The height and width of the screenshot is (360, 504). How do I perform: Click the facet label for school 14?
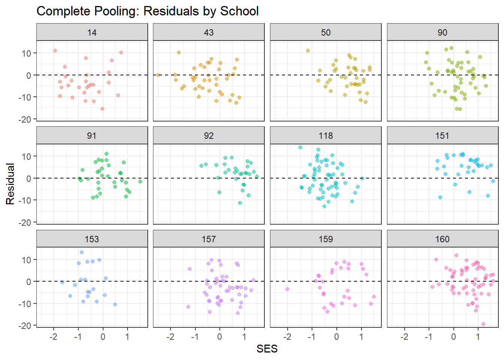pyautogui.click(x=92, y=33)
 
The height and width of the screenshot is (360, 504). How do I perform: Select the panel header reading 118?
pyautogui.click(x=325, y=136)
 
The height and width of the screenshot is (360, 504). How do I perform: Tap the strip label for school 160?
pyautogui.click(x=442, y=239)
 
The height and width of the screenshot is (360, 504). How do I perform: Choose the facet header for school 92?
pyautogui.click(x=208, y=136)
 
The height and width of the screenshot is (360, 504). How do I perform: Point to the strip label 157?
pyautogui.click(x=208, y=239)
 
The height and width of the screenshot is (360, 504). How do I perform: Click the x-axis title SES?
pyautogui.click(x=267, y=349)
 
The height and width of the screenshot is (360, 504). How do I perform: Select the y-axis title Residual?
pyautogui.click(x=10, y=184)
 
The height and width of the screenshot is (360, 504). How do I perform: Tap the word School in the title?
pyautogui.click(x=239, y=11)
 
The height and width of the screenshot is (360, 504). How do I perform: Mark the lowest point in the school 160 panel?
pyautogui.click(x=483, y=324)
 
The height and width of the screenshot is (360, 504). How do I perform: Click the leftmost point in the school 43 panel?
pyautogui.click(x=158, y=75)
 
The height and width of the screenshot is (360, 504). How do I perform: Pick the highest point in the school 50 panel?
pyautogui.click(x=308, y=51)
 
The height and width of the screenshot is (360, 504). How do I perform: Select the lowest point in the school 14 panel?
pyautogui.click(x=102, y=109)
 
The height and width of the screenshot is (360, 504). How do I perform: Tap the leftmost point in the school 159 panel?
pyautogui.click(x=287, y=289)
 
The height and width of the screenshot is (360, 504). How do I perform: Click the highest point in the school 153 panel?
pyautogui.click(x=82, y=252)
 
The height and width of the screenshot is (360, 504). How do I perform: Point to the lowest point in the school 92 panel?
pyautogui.click(x=240, y=203)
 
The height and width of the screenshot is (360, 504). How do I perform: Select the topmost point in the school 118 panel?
pyautogui.click(x=300, y=147)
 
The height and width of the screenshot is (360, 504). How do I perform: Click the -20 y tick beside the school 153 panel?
pyautogui.click(x=26, y=325)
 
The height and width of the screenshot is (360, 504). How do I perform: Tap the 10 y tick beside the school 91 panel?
pyautogui.click(x=27, y=156)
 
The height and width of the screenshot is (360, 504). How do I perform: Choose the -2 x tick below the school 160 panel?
pyautogui.click(x=404, y=337)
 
